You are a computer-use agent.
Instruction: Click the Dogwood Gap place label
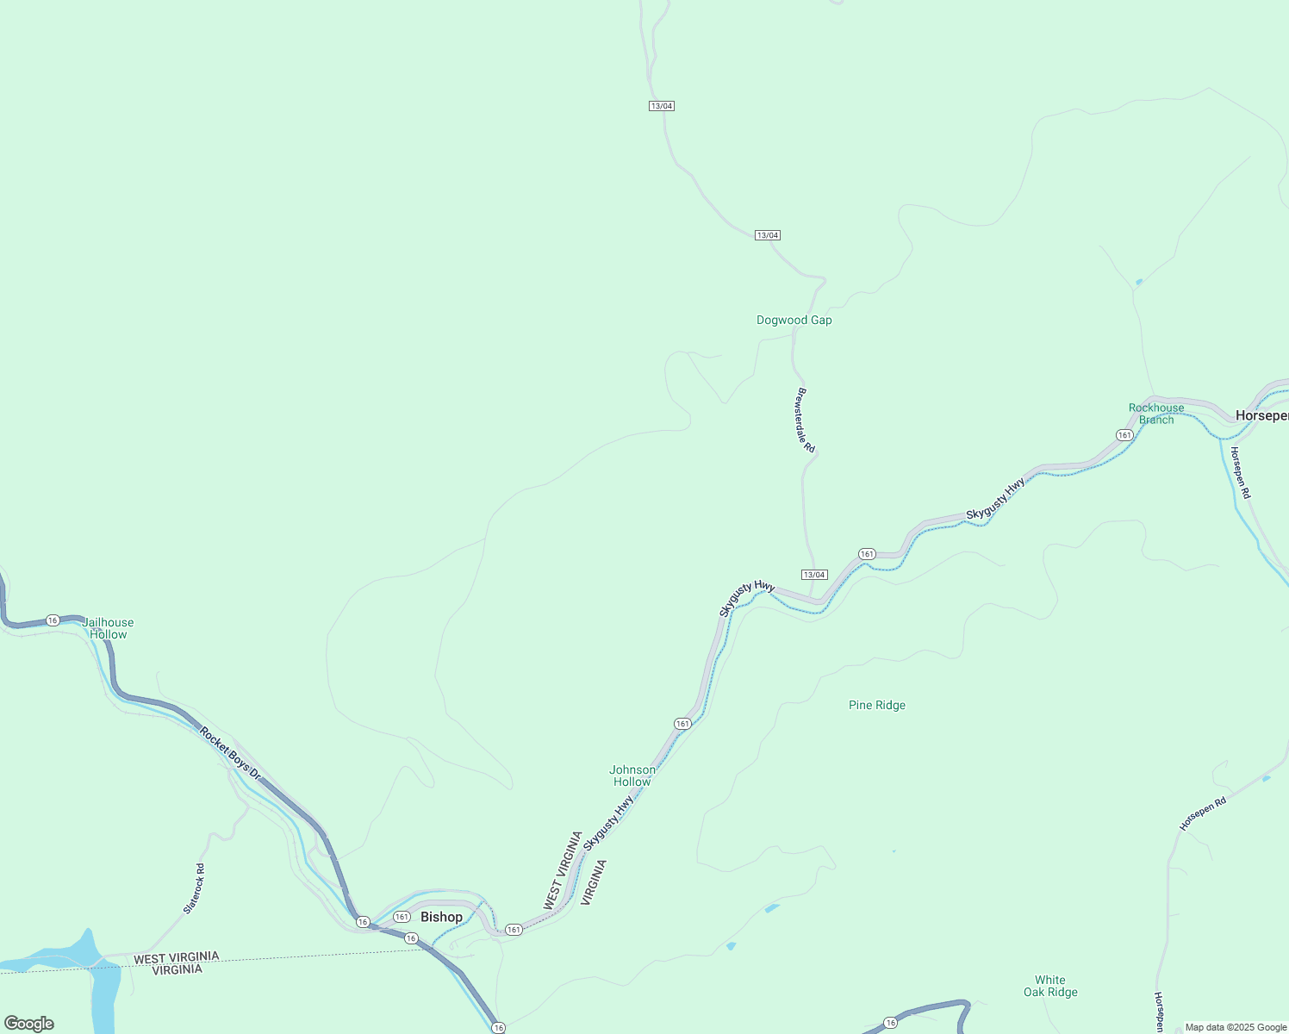pyautogui.click(x=794, y=320)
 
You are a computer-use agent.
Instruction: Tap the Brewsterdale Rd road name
pyautogui.click(x=806, y=420)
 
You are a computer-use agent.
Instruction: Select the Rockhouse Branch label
pyautogui.click(x=1156, y=414)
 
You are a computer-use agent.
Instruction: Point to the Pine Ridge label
pyautogui.click(x=876, y=705)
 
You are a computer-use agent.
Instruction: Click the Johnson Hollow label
pyautogui.click(x=632, y=775)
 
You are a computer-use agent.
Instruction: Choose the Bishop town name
pyautogui.click(x=441, y=917)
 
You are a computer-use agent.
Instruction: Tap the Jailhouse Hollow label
pyautogui.click(x=109, y=628)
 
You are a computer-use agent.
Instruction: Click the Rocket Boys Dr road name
pyautogui.click(x=230, y=753)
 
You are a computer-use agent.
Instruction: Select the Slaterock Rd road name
pyautogui.click(x=195, y=888)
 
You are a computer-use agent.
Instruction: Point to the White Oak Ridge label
pyautogui.click(x=1050, y=986)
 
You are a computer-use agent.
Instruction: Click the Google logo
pyautogui.click(x=29, y=1024)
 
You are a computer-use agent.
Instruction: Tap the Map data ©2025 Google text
pyautogui.click(x=1236, y=1027)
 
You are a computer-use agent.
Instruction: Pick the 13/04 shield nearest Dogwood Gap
pyautogui.click(x=767, y=235)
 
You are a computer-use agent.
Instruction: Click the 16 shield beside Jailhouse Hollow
pyautogui.click(x=53, y=620)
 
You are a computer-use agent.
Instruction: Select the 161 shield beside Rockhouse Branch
pyautogui.click(x=1124, y=435)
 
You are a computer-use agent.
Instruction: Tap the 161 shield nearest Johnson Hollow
pyautogui.click(x=682, y=724)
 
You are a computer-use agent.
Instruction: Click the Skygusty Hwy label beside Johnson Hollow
pyautogui.click(x=608, y=823)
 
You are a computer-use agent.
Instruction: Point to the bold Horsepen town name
pyautogui.click(x=1261, y=415)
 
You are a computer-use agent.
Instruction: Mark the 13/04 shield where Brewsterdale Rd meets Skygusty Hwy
pyautogui.click(x=813, y=575)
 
